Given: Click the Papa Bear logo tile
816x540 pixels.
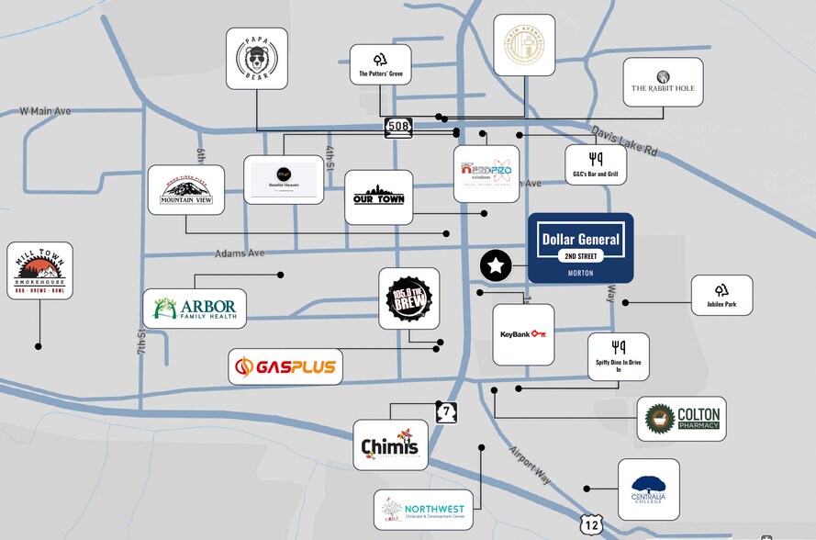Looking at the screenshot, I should pyautogui.click(x=257, y=59).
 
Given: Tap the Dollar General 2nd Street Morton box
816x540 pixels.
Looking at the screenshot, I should pyautogui.click(x=580, y=248).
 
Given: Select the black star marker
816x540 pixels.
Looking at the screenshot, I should pyautogui.click(x=496, y=266).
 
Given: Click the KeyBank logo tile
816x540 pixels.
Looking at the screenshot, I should pyautogui.click(x=523, y=334).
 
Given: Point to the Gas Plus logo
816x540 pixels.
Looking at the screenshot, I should pyautogui.click(x=285, y=367).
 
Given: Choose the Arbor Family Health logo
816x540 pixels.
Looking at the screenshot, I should pyautogui.click(x=195, y=309).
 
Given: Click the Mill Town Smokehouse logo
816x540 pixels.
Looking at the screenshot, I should pyautogui.click(x=39, y=271).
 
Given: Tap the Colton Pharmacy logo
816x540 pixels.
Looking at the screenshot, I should pyautogui.click(x=682, y=419).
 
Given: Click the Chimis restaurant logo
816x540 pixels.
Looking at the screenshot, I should pyautogui.click(x=390, y=444).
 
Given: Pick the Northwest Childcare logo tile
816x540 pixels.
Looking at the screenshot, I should pyautogui.click(x=423, y=510).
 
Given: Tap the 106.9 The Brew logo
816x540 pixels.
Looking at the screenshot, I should pyautogui.click(x=409, y=300).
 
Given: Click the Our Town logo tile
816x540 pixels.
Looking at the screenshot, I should pyautogui.click(x=379, y=197).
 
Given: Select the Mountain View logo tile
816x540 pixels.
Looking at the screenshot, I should pyautogui.click(x=186, y=190).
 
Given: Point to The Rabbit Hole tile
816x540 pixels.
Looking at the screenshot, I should pyautogui.click(x=663, y=83).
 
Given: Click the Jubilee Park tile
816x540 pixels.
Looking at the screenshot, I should pyautogui.click(x=721, y=296).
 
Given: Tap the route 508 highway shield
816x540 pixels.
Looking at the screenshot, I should pyautogui.click(x=398, y=129).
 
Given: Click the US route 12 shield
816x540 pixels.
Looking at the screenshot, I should pyautogui.click(x=590, y=524).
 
